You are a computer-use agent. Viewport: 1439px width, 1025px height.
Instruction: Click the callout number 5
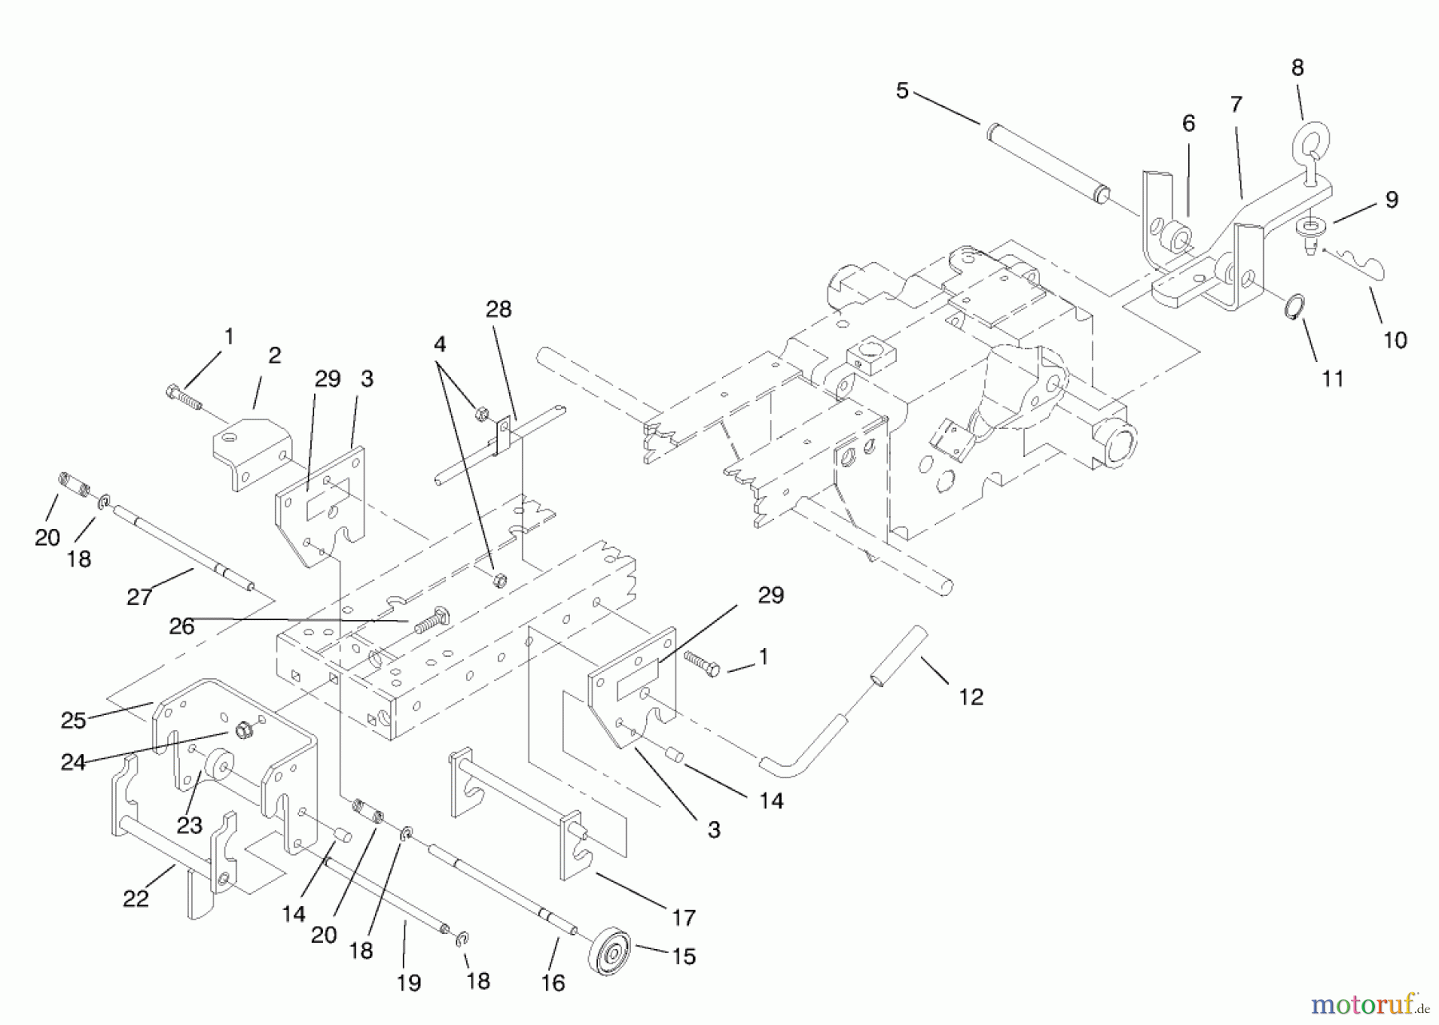(902, 91)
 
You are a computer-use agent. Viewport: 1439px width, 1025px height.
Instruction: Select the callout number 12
(971, 697)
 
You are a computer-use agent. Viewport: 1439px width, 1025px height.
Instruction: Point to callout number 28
(498, 309)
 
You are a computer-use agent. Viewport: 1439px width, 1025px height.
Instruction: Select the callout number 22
(136, 899)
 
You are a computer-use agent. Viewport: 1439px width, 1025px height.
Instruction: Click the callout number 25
(73, 720)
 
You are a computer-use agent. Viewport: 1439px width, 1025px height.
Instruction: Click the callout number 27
(139, 596)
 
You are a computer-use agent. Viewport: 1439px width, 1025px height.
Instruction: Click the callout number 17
(684, 918)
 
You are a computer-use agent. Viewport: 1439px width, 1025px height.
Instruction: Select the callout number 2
(274, 356)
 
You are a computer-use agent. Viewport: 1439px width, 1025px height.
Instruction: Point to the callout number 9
(1391, 200)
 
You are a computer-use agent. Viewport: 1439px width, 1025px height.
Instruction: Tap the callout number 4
(440, 344)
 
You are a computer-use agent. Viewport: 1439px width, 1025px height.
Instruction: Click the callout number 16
(553, 982)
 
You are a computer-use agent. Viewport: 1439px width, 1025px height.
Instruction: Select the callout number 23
(189, 824)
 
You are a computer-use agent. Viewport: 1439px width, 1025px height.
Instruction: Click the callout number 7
(1236, 105)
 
